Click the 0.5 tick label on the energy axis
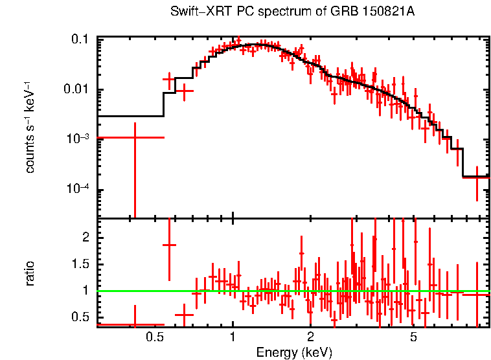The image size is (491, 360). point(154,337)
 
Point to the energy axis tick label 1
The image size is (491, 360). point(233,337)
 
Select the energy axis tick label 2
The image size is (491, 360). point(311,337)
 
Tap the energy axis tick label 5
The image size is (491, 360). point(413,337)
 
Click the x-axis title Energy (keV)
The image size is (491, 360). point(294,352)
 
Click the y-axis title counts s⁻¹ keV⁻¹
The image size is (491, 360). point(30,127)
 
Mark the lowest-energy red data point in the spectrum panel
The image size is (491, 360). point(134,138)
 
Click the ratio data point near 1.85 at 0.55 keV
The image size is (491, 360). point(169,245)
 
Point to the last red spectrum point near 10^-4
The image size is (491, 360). point(477,177)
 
